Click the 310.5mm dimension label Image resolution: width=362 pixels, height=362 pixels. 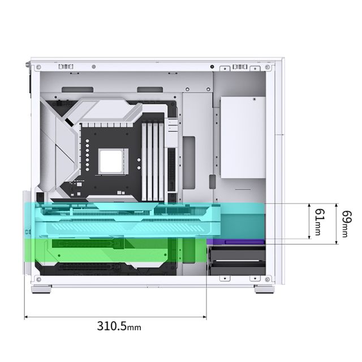(119, 326)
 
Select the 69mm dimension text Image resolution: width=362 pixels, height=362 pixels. (347, 224)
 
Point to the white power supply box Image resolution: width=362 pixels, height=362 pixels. (243, 137)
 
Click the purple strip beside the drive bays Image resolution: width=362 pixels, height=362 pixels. (236, 242)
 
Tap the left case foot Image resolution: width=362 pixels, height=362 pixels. (41, 289)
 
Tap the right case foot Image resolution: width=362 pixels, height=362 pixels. (265, 289)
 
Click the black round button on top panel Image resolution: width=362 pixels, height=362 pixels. (212, 67)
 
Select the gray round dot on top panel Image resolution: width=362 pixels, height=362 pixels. (94, 67)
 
